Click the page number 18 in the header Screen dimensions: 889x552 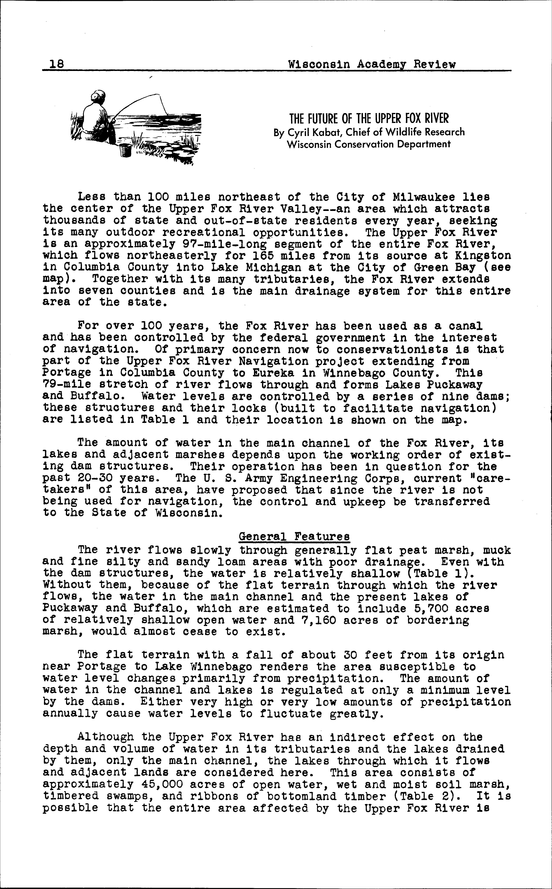coord(57,64)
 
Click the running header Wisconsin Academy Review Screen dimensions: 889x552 coord(372,64)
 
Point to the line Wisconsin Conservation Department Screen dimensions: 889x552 coord(369,144)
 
